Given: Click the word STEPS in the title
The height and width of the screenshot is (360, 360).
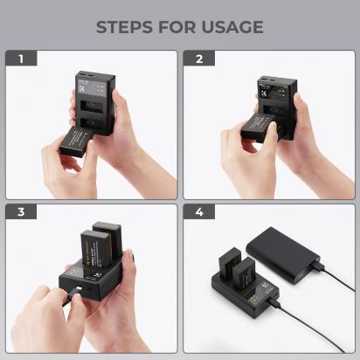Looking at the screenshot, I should point(127,27).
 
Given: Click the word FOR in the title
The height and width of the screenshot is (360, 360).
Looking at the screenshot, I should point(177,27).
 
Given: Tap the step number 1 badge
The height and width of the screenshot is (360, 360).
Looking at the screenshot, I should point(22,59).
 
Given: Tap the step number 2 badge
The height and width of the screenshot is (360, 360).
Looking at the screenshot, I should point(199,59).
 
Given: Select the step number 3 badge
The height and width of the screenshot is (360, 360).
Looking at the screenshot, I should point(22,212).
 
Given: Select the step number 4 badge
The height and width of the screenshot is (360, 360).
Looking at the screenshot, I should point(199,212).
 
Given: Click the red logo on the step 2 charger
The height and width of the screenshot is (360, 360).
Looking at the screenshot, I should point(268,91).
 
